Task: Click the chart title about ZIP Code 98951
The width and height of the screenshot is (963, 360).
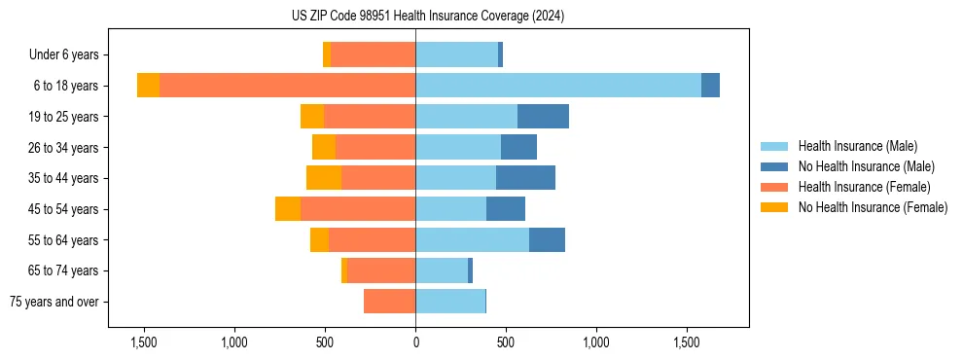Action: pyautogui.click(x=427, y=17)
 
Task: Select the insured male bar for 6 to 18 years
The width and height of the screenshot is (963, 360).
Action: pyautogui.click(x=558, y=86)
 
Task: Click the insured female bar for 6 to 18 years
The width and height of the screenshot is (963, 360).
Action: pyautogui.click(x=287, y=86)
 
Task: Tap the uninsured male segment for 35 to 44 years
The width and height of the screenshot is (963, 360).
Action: pyautogui.click(x=525, y=178)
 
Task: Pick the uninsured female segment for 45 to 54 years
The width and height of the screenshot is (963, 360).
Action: pyautogui.click(x=288, y=209)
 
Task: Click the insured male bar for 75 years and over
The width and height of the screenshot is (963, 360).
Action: pyautogui.click(x=450, y=302)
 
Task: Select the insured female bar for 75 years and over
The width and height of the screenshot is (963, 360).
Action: pyautogui.click(x=389, y=302)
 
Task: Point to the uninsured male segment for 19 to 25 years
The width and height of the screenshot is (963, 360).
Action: pyautogui.click(x=543, y=117)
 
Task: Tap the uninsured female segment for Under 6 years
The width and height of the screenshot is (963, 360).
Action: pyautogui.click(x=327, y=54)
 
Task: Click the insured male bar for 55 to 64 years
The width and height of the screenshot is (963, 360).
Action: pyautogui.click(x=473, y=240)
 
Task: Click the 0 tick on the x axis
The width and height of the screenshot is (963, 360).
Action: pyautogui.click(x=415, y=343)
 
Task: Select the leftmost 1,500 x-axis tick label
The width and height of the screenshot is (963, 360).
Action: pyautogui.click(x=144, y=343)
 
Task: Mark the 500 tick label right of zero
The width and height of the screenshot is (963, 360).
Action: pyautogui.click(x=505, y=343)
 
